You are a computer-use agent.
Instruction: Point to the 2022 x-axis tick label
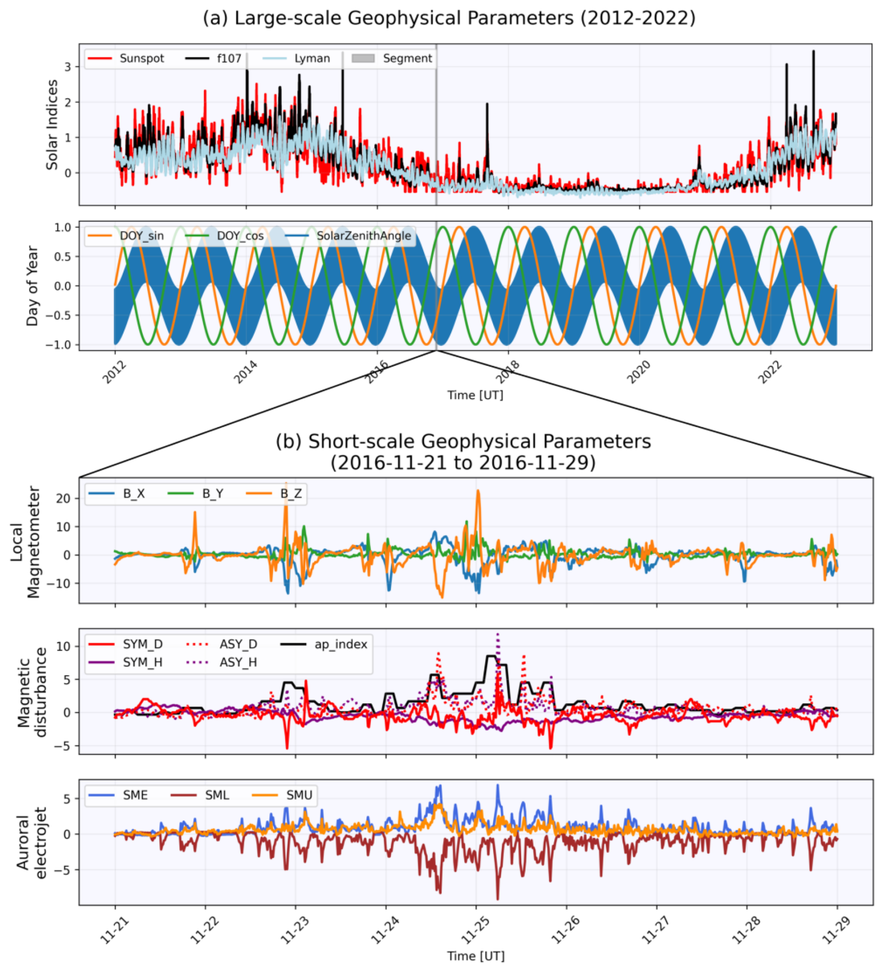point(770,372)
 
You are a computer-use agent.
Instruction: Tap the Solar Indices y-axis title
point(51,124)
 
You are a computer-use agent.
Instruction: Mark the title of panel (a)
point(449,18)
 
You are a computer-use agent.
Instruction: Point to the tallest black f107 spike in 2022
point(813,51)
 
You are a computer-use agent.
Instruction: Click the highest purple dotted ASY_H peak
point(498,634)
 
